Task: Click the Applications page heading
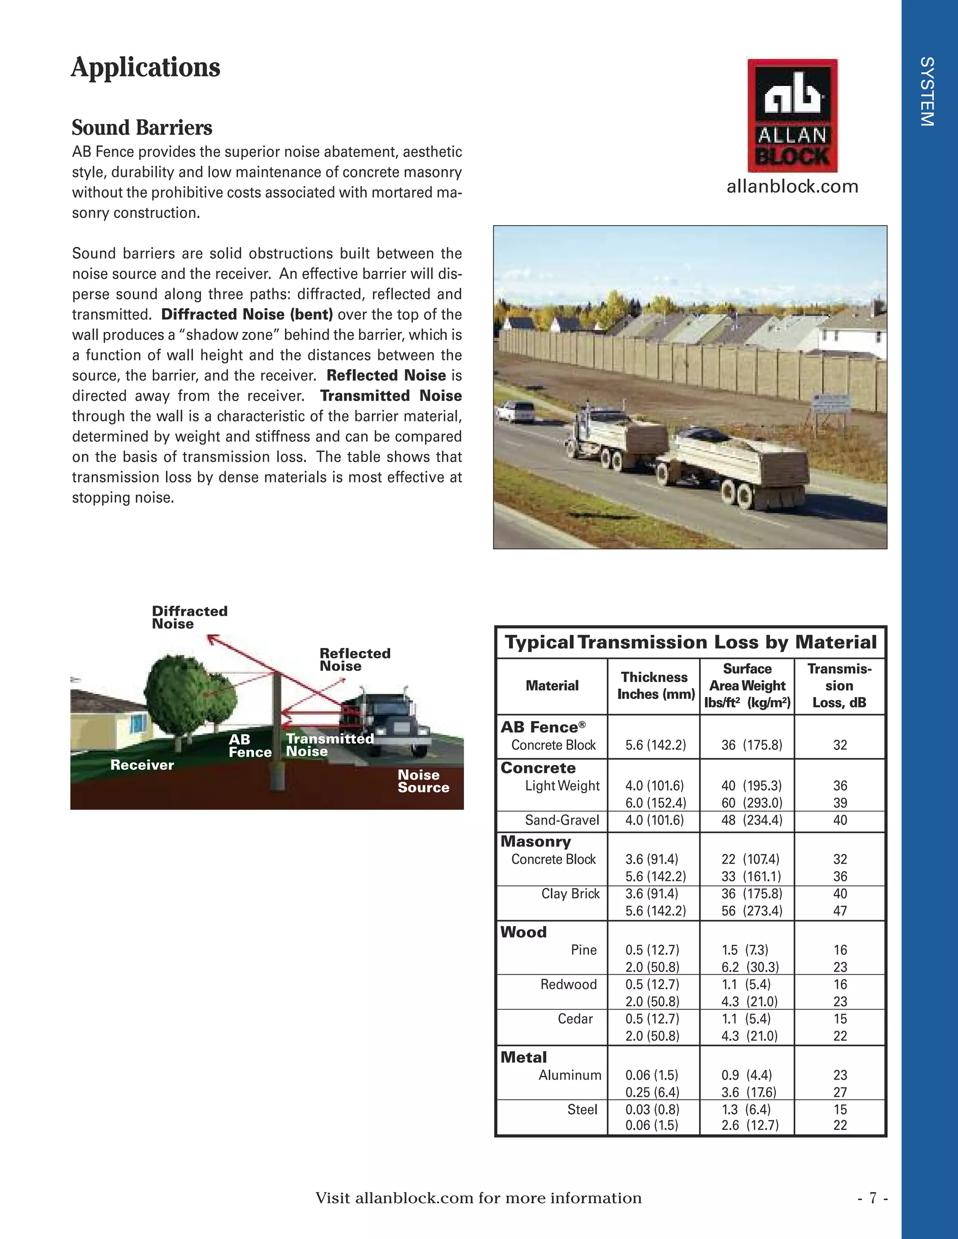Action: pyautogui.click(x=145, y=67)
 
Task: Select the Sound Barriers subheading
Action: pyautogui.click(x=142, y=128)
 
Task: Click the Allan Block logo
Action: pyautogui.click(x=792, y=115)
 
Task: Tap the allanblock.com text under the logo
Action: pyautogui.click(x=792, y=187)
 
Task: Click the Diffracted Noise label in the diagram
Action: pyautogui.click(x=189, y=617)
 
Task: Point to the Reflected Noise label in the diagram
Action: pyautogui.click(x=355, y=659)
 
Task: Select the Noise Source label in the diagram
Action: pyautogui.click(x=423, y=781)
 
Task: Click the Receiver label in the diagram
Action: pyautogui.click(x=142, y=765)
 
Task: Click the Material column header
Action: pyautogui.click(x=552, y=685)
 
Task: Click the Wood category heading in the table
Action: pyautogui.click(x=523, y=932)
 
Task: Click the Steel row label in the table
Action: pyautogui.click(x=582, y=1109)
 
